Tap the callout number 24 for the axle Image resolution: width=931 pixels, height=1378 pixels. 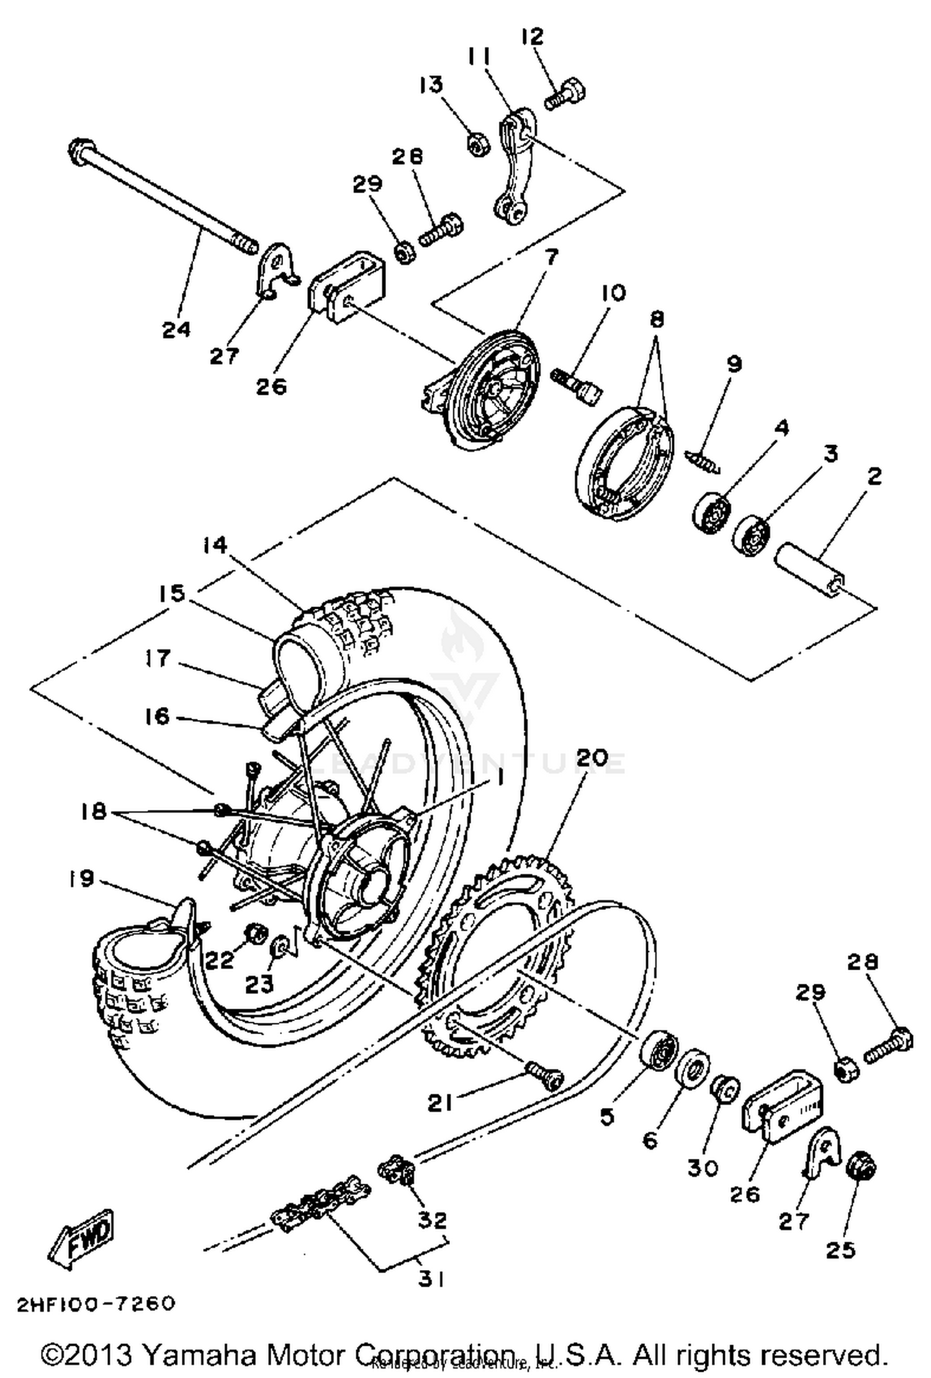(177, 329)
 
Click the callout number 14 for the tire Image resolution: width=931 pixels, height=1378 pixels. (214, 545)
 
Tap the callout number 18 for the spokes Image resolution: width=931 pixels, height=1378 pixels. (94, 811)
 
